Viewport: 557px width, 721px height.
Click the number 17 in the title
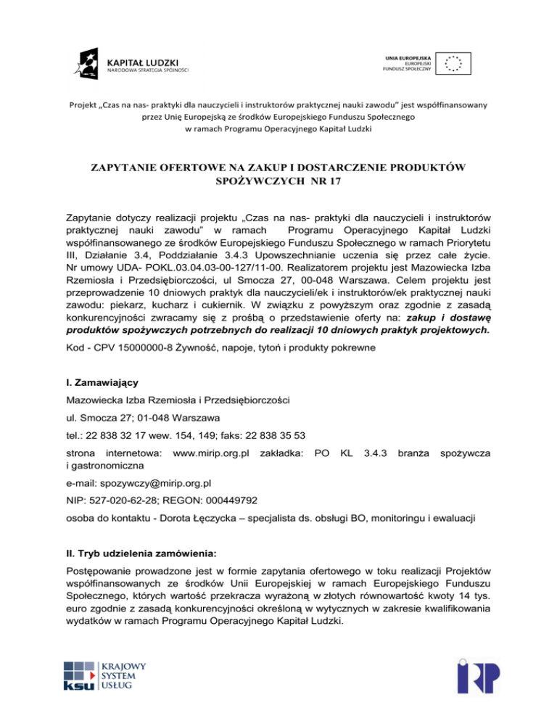[x=332, y=181]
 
